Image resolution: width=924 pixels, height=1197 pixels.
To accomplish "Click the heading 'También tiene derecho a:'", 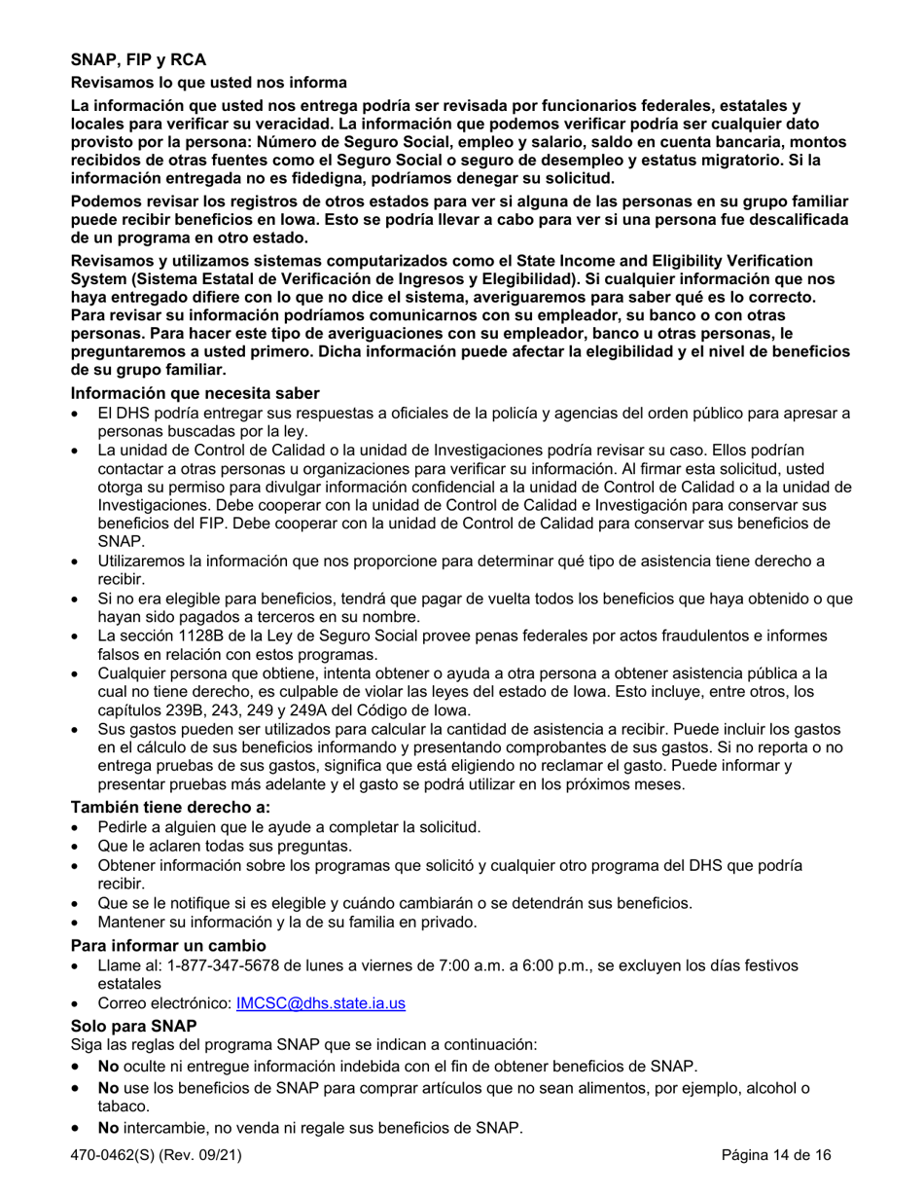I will (170, 807).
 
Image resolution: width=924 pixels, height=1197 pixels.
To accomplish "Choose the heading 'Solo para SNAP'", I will (133, 1026).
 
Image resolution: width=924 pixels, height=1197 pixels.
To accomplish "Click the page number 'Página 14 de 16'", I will (776, 1156).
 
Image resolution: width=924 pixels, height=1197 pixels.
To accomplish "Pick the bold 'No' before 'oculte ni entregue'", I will (108, 1066).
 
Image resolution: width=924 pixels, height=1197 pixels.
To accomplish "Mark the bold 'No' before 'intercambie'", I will (108, 1129).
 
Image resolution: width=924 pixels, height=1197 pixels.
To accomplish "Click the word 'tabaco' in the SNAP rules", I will (121, 1106).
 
